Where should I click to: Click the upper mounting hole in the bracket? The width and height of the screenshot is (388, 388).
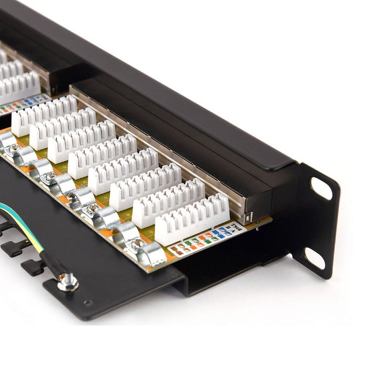point(321,188)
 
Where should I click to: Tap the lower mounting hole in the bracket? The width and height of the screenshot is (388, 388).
point(315,258)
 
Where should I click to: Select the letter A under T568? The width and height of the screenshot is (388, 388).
point(233,233)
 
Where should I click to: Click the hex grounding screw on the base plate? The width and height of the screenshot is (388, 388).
point(68,281)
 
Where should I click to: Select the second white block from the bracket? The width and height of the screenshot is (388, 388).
point(168,203)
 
